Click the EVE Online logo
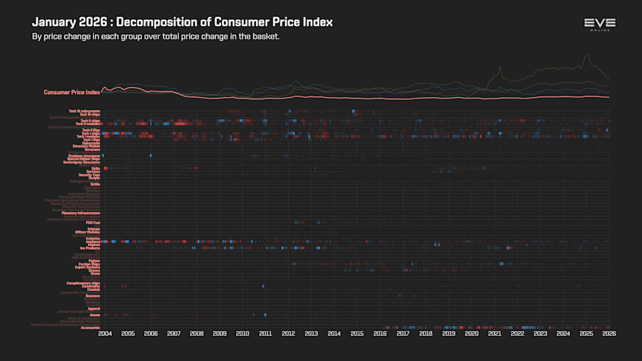point(599,25)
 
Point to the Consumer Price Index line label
point(71,92)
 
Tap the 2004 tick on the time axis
point(105,333)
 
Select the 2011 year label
point(265,333)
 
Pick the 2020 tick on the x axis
point(472,333)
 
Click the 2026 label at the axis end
point(609,333)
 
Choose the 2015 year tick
point(357,333)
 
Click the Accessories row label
point(90,327)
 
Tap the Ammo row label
point(94,315)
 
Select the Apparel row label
point(93,308)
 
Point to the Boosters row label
point(92,295)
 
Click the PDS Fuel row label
point(92,223)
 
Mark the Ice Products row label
point(89,248)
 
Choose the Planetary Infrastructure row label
point(81,213)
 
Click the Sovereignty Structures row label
point(81,162)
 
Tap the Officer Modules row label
point(87,232)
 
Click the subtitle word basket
point(264,36)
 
